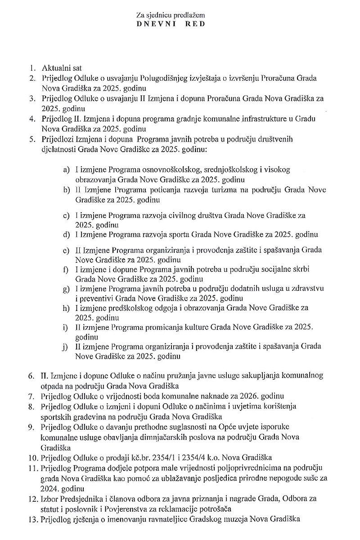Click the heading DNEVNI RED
pos(171,24)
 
